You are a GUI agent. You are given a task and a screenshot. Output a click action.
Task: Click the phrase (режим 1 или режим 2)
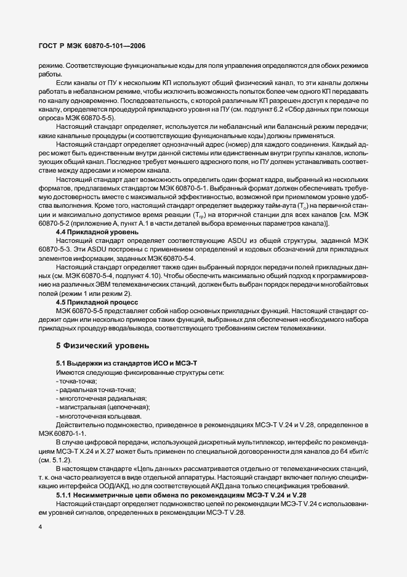click(x=89, y=294)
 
